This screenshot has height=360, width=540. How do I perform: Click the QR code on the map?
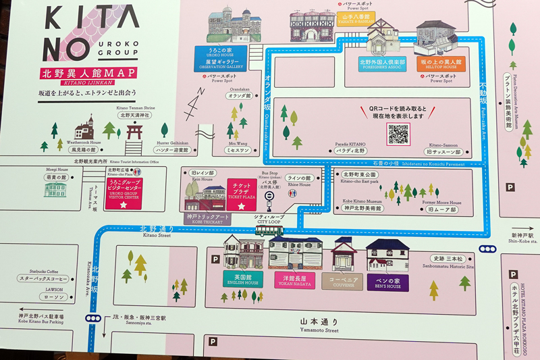point(399,134)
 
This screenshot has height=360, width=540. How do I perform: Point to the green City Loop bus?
point(269,231)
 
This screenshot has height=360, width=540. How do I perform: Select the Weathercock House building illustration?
point(85,128)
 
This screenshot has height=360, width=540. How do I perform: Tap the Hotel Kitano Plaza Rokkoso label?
point(518,310)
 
